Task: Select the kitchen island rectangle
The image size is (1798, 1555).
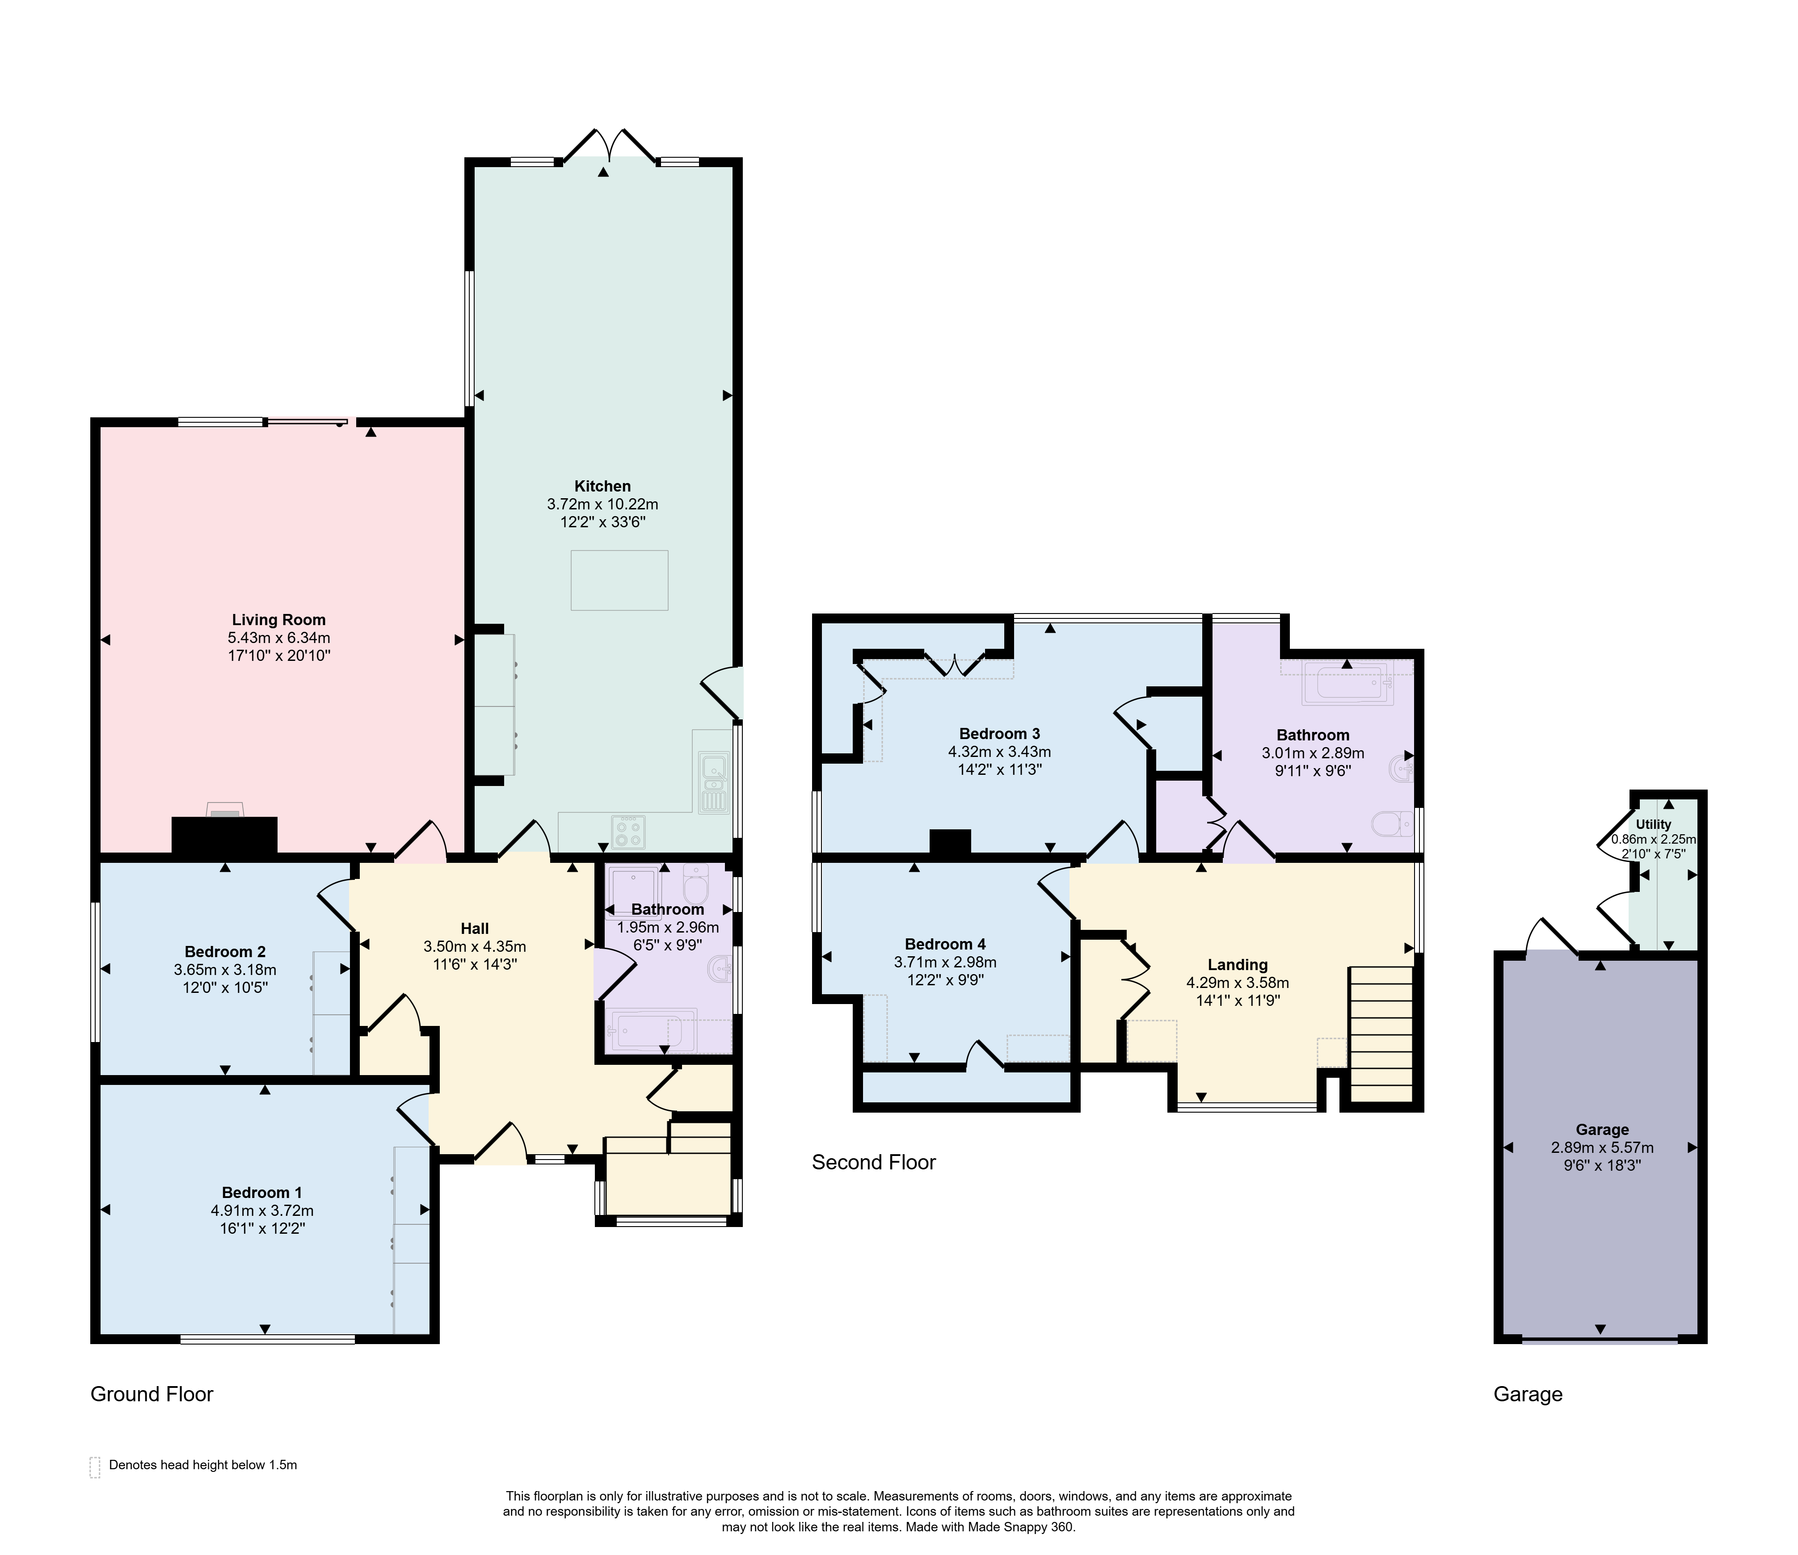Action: click(619, 580)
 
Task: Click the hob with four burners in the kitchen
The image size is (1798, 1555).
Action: click(628, 831)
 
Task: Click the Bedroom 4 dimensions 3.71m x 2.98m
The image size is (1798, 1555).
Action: click(945, 962)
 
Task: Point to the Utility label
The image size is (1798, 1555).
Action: click(1653, 824)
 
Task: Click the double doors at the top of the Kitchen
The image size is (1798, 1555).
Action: click(609, 146)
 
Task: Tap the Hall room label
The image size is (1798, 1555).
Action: click(475, 929)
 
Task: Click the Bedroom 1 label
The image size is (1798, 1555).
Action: click(262, 1192)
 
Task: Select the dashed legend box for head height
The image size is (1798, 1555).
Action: click(95, 1467)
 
